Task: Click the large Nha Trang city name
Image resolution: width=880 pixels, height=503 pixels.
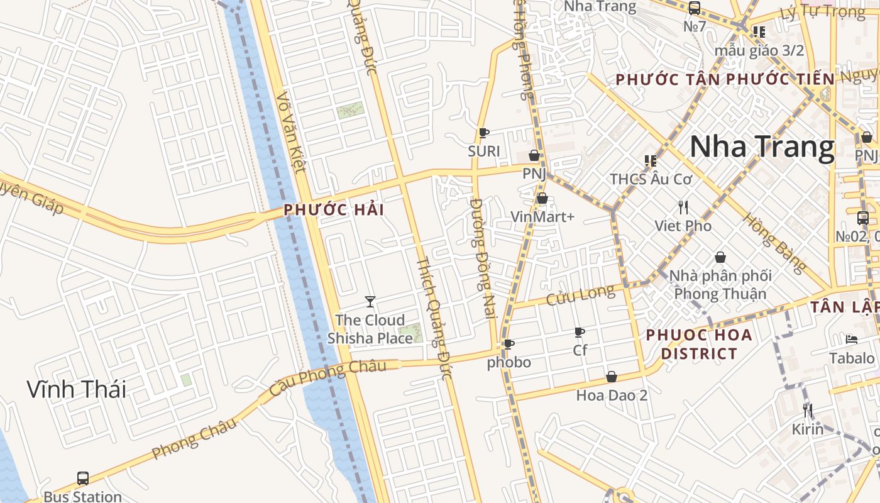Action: (x=762, y=146)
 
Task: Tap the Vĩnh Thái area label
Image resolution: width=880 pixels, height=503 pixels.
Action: (x=76, y=389)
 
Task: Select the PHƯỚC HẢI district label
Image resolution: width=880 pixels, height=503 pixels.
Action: (x=334, y=210)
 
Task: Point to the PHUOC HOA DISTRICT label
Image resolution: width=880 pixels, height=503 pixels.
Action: (x=698, y=344)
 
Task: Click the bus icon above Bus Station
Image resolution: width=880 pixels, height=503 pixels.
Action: (x=82, y=478)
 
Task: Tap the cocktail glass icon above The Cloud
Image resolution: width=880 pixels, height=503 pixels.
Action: (x=370, y=302)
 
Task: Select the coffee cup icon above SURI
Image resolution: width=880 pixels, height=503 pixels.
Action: (x=483, y=133)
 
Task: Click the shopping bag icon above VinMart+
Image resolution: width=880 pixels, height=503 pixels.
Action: (x=542, y=199)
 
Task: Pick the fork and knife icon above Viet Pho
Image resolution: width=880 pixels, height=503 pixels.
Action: (x=683, y=207)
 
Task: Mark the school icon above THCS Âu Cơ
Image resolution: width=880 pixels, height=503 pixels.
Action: (x=651, y=161)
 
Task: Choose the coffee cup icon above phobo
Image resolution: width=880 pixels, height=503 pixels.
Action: (x=509, y=345)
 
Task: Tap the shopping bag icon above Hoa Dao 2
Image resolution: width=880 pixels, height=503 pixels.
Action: (x=611, y=377)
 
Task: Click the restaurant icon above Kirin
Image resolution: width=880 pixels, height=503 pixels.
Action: (x=808, y=411)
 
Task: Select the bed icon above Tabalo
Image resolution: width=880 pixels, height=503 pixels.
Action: (x=852, y=340)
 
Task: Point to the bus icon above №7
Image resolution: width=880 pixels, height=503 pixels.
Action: (x=695, y=8)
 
